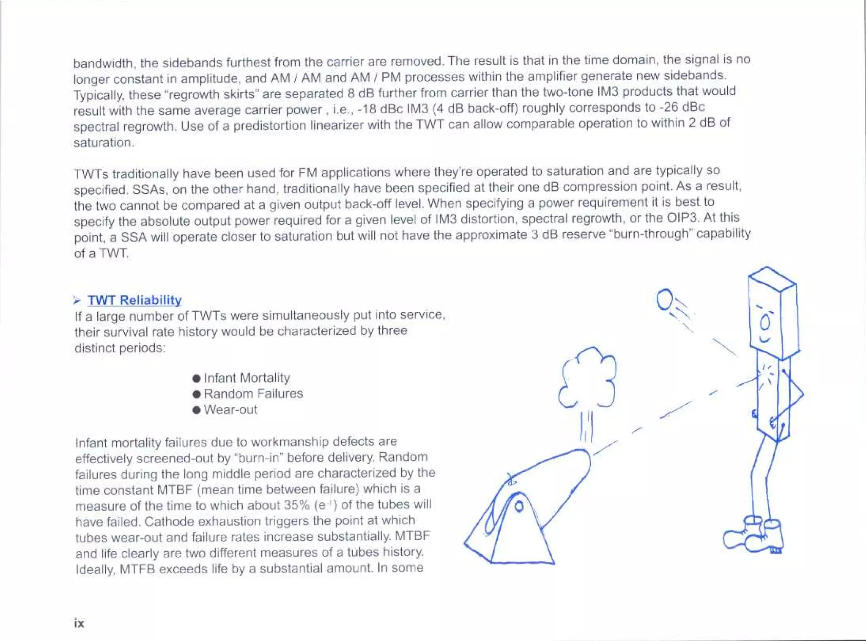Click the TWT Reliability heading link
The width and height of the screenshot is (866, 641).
(134, 300)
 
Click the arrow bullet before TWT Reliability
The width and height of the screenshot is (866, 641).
(77, 300)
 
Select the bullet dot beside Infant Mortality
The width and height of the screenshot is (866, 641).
(196, 378)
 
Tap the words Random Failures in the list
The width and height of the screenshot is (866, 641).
(253, 393)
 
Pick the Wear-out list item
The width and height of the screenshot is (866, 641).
(230, 410)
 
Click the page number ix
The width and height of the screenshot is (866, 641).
(79, 623)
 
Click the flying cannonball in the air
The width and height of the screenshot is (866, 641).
(664, 299)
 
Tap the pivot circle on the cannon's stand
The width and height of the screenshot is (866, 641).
(519, 506)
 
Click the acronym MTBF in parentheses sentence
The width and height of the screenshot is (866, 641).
(175, 490)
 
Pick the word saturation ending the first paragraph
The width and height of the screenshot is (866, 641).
(103, 143)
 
